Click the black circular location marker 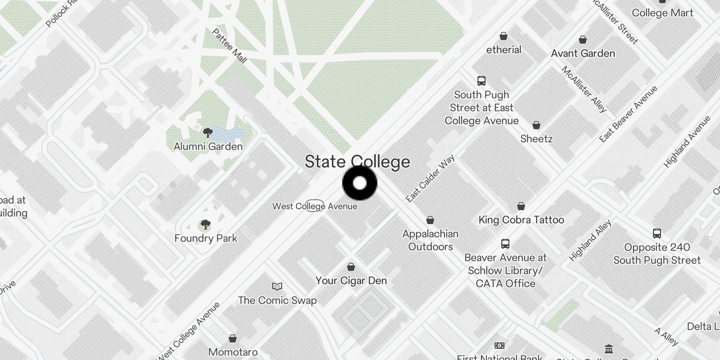click(360, 183)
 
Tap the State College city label click(357, 162)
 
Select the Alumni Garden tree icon click(207, 133)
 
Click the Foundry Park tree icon click(205, 225)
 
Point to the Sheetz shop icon click(536, 125)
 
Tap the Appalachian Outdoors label click(430, 240)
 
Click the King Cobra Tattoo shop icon click(521, 207)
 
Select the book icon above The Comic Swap click(277, 286)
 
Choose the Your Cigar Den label click(351, 281)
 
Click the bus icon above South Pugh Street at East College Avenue click(481, 81)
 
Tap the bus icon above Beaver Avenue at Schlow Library click(505, 244)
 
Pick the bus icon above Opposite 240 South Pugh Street click(657, 234)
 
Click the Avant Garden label click(583, 54)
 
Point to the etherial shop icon click(504, 36)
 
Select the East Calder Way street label click(430, 179)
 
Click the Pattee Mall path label click(229, 46)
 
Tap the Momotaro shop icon click(233, 338)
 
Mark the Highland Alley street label click(590, 240)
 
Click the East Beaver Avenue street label click(628, 114)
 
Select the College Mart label click(662, 13)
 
